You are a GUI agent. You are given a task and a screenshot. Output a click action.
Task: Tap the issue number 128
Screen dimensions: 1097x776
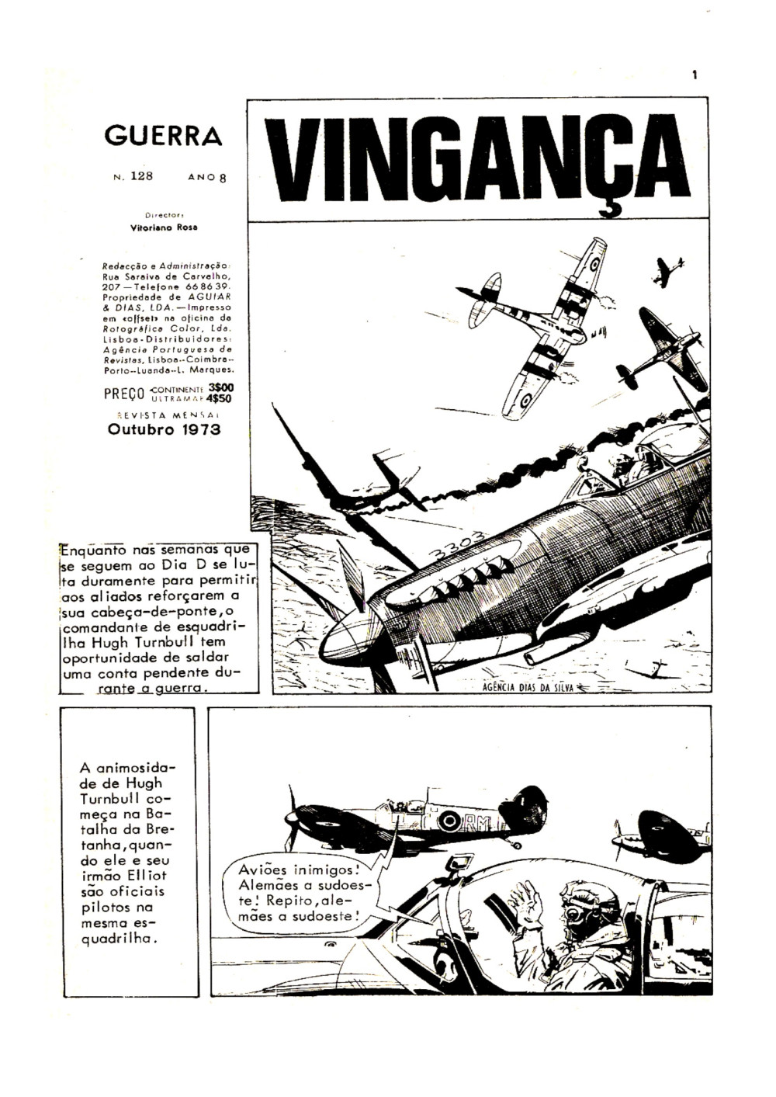pyautogui.click(x=141, y=175)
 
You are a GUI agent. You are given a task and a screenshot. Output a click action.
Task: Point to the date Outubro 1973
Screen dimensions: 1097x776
pyautogui.click(x=164, y=429)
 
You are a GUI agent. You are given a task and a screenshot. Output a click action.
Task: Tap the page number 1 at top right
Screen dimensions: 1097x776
pyautogui.click(x=695, y=75)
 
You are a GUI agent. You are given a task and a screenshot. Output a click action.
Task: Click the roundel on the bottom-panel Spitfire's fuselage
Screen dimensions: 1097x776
pyautogui.click(x=448, y=819)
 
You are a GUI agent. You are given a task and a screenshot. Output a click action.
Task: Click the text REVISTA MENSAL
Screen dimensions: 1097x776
pyautogui.click(x=164, y=415)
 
